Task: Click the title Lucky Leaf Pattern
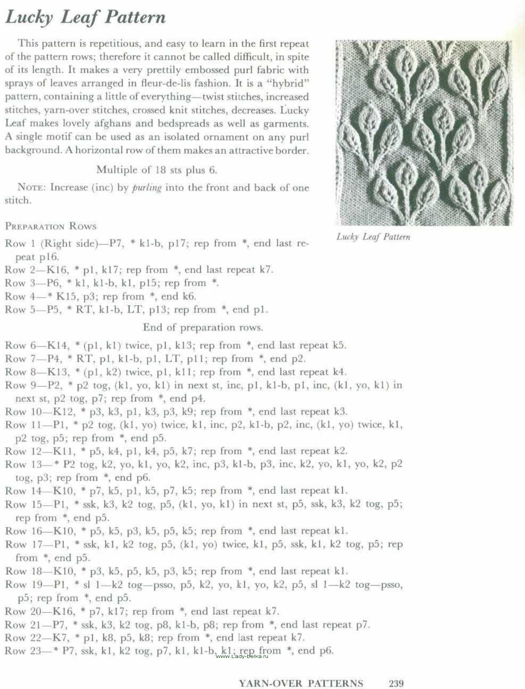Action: point(85,18)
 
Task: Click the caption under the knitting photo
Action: point(373,237)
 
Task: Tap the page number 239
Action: point(396,683)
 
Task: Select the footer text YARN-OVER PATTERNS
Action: point(301,683)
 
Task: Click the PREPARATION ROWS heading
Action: point(51,226)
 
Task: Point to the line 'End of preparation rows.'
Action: point(203,328)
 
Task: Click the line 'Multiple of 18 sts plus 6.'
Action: point(157,170)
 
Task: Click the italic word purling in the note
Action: point(147,188)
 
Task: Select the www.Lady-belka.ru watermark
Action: point(242,656)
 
